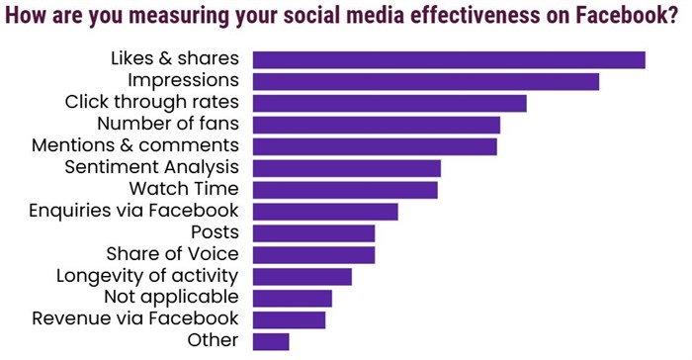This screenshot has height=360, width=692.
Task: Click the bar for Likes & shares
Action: (449, 60)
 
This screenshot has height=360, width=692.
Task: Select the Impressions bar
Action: (426, 81)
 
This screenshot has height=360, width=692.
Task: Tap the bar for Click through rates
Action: (389, 103)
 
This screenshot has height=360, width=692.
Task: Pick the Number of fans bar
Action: (377, 125)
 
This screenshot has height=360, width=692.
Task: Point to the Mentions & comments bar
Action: (375, 146)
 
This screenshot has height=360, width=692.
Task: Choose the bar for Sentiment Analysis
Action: (347, 168)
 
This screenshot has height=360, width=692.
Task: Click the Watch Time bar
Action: (345, 190)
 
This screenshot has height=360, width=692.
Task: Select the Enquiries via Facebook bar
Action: (325, 212)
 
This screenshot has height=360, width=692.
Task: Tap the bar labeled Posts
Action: (314, 233)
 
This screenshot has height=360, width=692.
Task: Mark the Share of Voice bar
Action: (314, 255)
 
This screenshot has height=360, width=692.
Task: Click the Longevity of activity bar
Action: (303, 276)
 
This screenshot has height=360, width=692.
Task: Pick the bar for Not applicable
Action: (293, 298)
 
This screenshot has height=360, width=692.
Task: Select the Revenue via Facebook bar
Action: (290, 319)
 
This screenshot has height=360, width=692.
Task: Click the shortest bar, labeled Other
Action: (271, 341)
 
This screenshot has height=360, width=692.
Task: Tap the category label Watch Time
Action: (184, 188)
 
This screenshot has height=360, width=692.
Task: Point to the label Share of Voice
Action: (172, 254)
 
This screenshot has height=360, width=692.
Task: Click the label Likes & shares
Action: (175, 58)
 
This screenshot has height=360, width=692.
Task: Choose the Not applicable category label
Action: (171, 297)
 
